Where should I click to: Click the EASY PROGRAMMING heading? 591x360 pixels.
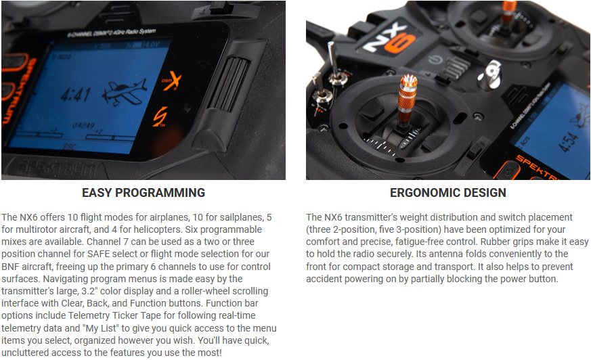coord(144,193)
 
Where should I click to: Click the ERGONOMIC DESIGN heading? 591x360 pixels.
coord(448,193)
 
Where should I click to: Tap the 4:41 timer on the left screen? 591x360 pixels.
coord(75,94)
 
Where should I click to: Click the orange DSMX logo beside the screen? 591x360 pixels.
coord(172,81)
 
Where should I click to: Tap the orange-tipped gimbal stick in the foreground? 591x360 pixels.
coord(408,99)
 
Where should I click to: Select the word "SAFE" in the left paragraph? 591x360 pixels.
coord(100,254)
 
